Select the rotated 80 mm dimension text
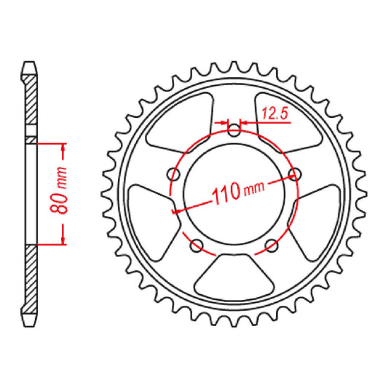pyautogui.click(x=64, y=194)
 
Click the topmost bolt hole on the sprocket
pyautogui.click(x=234, y=132)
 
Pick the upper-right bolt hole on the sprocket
pyautogui.click(x=294, y=173)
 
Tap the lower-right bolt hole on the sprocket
pyautogui.click(x=271, y=245)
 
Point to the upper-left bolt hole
pyautogui.click(x=173, y=174)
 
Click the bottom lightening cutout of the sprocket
pyautogui.click(x=234, y=275)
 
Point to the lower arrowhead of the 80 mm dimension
pyautogui.click(x=64, y=239)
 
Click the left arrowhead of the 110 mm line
pyautogui.click(x=175, y=211)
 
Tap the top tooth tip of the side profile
pyautogui.click(x=29, y=64)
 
